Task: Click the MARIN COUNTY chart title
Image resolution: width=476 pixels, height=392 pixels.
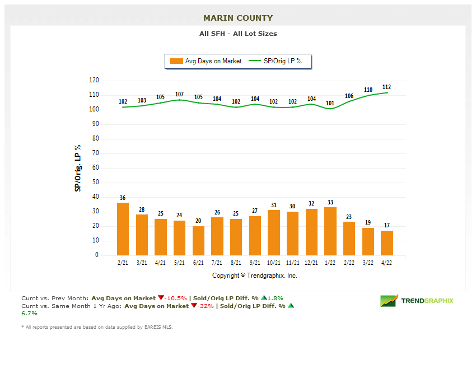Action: click(238, 18)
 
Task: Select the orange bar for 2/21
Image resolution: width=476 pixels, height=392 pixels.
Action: click(123, 229)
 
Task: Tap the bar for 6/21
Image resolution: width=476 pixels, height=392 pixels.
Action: click(198, 241)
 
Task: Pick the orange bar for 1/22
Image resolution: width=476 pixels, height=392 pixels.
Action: click(330, 231)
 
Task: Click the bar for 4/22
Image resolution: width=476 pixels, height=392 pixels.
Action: click(387, 243)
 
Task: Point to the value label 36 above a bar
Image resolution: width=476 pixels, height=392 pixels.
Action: click(123, 198)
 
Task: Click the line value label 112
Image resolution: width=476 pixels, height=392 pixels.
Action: click(386, 87)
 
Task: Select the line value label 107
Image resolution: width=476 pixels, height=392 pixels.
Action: click(179, 94)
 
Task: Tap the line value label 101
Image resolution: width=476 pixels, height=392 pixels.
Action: click(330, 103)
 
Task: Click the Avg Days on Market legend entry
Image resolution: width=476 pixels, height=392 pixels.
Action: click(207, 61)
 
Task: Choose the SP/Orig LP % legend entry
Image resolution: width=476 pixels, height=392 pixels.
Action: click(276, 61)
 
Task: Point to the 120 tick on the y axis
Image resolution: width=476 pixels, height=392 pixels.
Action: click(94, 81)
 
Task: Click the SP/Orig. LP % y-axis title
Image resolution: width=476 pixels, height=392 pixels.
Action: click(78, 168)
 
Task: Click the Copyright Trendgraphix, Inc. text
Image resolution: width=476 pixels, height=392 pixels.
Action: click(255, 276)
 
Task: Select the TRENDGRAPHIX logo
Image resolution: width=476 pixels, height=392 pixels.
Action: click(417, 301)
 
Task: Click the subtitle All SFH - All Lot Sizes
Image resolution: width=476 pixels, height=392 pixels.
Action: click(238, 34)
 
